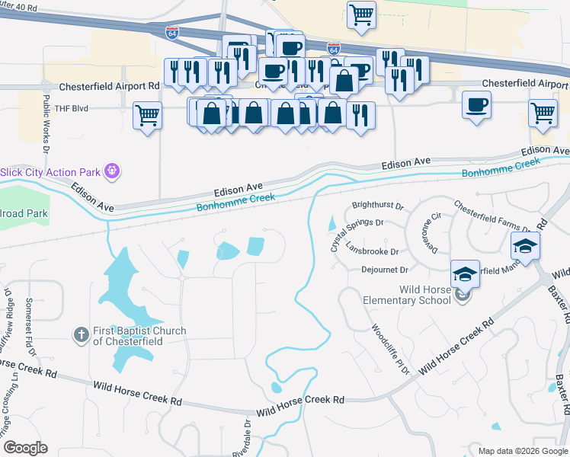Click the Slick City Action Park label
pos(51,172)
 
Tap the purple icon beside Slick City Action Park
pos(112,171)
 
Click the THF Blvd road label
pos(67,108)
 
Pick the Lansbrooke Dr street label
pos(372,251)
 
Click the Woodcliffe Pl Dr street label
pos(391,349)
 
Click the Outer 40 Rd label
pos(20,8)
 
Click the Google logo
pos(26,447)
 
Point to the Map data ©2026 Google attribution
pos(522,451)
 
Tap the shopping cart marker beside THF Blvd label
pos(147,117)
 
